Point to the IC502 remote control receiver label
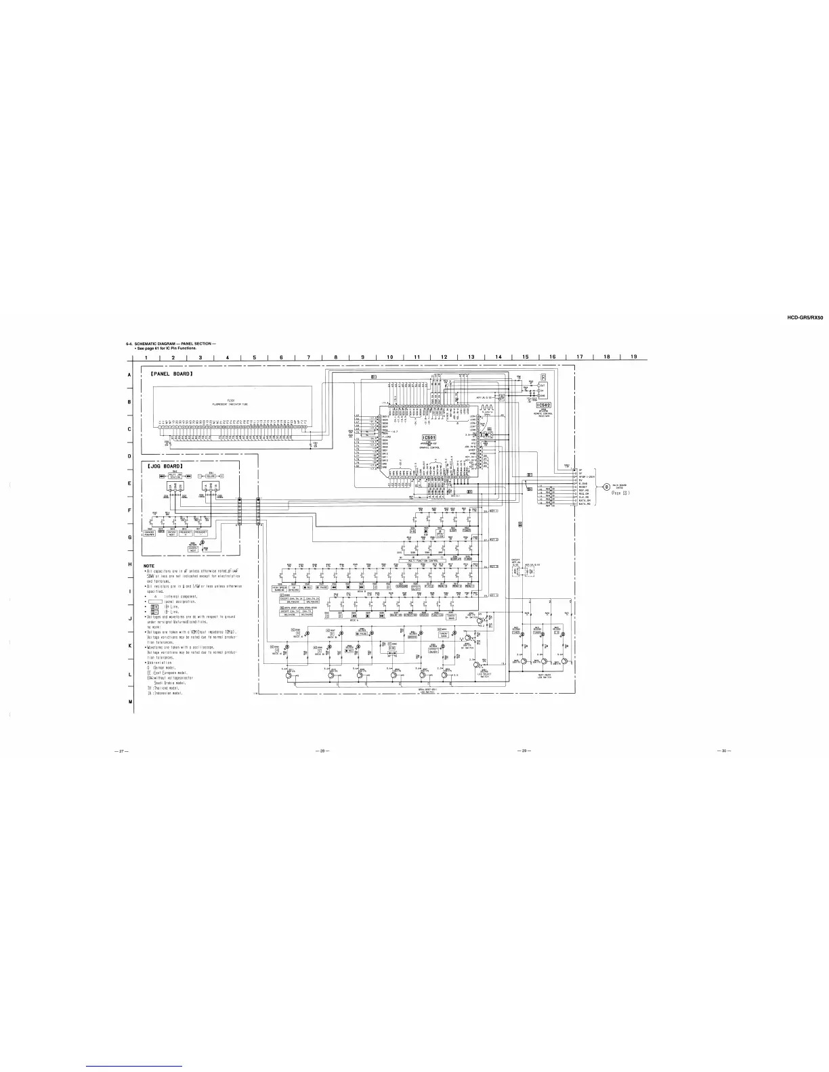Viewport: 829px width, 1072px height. coord(543,405)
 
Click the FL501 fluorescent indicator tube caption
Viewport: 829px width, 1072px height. coord(231,403)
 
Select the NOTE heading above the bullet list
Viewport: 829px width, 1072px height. coord(150,566)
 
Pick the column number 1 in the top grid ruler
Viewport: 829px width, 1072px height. coord(146,357)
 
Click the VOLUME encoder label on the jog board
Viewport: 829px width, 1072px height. coord(211,476)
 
